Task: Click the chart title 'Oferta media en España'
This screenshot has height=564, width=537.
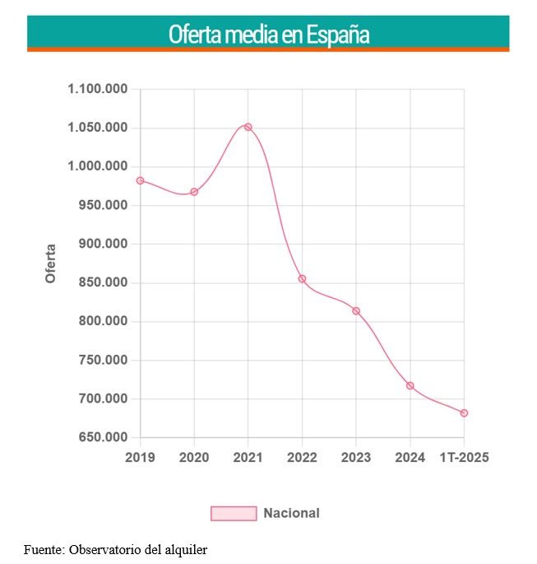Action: [268, 35]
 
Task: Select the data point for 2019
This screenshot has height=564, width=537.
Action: [141, 180]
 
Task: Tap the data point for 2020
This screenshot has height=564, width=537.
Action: [194, 192]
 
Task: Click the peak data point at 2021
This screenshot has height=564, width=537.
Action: [248, 127]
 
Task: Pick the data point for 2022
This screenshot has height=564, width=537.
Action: [302, 278]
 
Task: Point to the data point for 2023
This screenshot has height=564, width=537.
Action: [356, 310]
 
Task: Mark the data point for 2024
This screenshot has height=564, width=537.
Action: [410, 385]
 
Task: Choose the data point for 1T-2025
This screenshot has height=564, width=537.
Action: [464, 413]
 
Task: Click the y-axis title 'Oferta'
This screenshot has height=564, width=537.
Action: [50, 263]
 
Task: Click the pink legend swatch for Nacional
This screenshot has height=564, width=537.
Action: [234, 513]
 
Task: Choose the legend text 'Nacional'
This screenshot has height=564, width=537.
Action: [291, 513]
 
